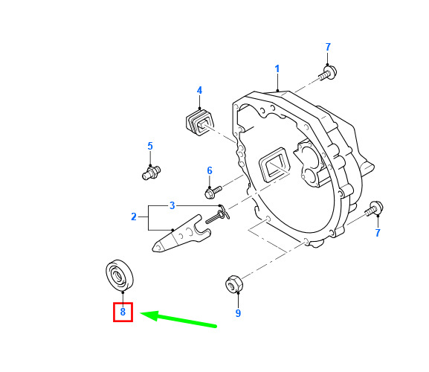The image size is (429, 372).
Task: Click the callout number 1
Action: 277,69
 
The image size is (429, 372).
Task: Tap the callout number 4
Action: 199,90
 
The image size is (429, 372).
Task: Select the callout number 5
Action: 150,146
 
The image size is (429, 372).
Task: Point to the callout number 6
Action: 210,170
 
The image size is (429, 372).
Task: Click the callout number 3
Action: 172,205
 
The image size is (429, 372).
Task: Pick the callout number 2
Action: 134,217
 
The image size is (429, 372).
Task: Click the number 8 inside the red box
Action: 123,312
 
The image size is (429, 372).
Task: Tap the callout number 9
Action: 238,313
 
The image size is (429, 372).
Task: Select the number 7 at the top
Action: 328,47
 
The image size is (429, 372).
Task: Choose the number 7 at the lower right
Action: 378,233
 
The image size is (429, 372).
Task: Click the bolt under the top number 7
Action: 328,72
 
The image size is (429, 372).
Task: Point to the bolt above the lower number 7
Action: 374,209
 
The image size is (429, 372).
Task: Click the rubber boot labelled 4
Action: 199,121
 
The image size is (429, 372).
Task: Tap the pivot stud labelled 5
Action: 151,173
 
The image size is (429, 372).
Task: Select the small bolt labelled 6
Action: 213,192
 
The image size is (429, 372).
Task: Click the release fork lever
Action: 181,235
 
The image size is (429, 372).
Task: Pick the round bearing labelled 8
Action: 120,275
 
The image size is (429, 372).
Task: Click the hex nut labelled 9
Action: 234,284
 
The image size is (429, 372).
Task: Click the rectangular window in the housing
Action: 274,165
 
